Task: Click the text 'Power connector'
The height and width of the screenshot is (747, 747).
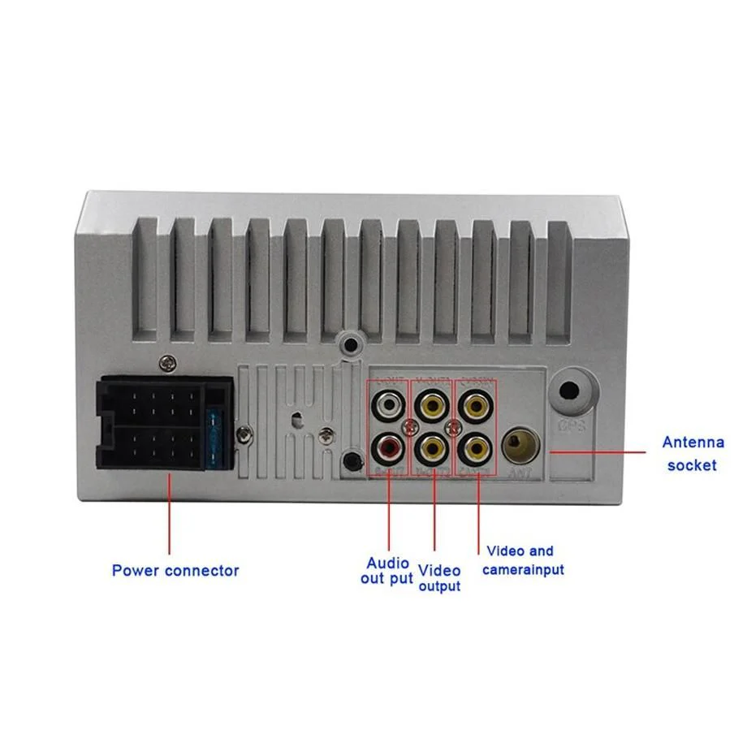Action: coord(175,571)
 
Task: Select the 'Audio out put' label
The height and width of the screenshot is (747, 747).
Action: coord(387,571)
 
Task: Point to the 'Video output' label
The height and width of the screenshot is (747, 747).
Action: coord(439,578)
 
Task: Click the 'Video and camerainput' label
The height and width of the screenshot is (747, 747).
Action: coord(522,560)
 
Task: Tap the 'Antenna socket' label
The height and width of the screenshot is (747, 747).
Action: coord(693,454)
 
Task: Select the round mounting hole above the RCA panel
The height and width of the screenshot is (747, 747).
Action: coord(351,343)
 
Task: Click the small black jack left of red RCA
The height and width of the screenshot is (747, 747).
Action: coord(352,460)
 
